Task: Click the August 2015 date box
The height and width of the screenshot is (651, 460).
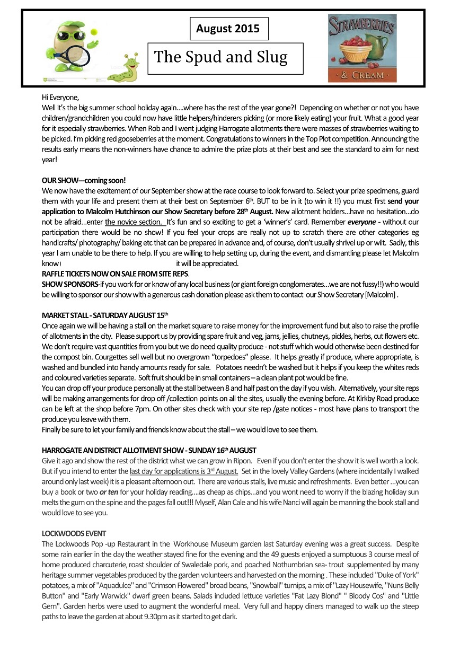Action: click(228, 29)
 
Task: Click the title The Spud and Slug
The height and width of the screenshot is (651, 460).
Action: click(221, 57)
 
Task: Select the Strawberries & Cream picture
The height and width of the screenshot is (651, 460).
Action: click(362, 48)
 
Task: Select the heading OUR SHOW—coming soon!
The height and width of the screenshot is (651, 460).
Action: click(84, 181)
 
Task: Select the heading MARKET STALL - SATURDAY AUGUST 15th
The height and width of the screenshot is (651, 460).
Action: click(105, 315)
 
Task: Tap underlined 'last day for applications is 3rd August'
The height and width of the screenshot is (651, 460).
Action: click(184, 471)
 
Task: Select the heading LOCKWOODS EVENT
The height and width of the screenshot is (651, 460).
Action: click(74, 533)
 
